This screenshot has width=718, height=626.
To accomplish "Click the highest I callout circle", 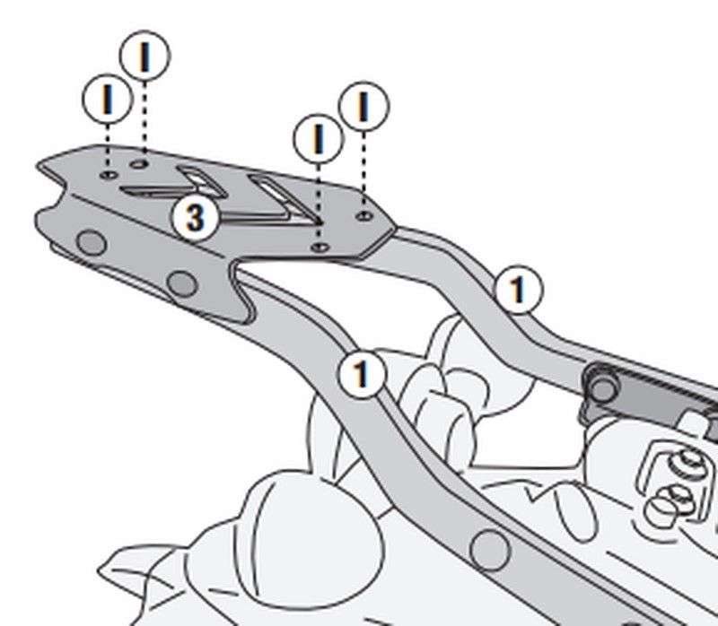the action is point(144,56).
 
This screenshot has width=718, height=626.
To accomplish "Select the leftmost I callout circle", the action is point(108,99).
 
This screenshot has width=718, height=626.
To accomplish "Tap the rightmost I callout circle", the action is point(364,106).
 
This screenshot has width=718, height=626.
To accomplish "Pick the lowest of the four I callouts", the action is point(319,138).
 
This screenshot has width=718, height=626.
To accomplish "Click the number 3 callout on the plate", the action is point(196,217).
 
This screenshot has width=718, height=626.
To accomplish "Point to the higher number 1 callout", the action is point(519,289).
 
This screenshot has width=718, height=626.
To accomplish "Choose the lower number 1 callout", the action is point(362,374).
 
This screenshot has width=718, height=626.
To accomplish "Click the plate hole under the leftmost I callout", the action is point(109,175).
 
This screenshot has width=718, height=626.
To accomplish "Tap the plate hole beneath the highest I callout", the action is point(140,163).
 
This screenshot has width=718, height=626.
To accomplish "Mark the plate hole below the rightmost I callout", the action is point(364,215).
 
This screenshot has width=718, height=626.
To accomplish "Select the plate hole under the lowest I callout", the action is point(320,248).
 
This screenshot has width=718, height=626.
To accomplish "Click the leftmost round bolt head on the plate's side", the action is point(92,242).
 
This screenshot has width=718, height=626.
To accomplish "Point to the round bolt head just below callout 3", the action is point(182,283).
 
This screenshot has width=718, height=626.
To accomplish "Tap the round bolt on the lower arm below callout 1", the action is point(489,549).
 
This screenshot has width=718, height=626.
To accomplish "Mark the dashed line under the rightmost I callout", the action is point(364,170).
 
